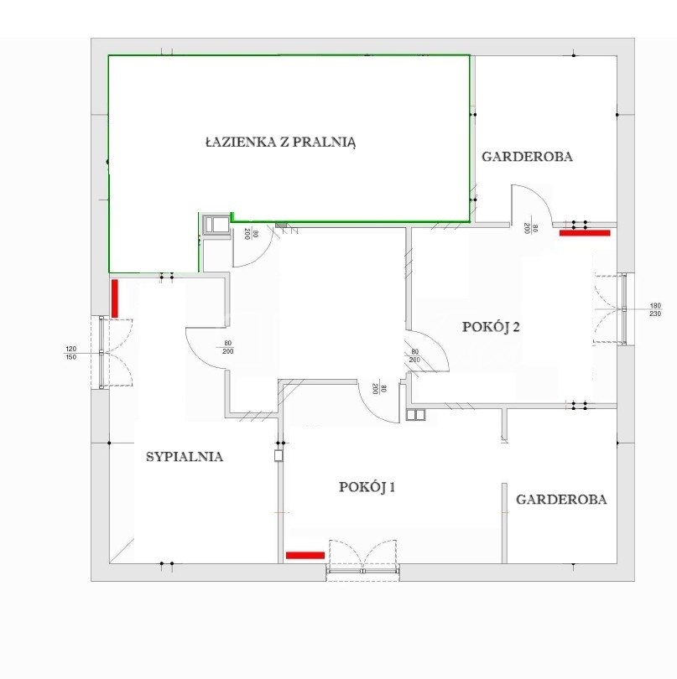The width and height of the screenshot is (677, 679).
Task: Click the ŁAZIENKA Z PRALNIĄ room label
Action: (280, 142)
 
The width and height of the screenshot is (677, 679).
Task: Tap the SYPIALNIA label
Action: (185, 457)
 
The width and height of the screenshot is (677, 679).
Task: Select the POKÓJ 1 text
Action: (367, 487)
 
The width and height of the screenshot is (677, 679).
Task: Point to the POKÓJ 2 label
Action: (491, 327)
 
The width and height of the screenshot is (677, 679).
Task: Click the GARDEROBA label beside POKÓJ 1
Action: (561, 500)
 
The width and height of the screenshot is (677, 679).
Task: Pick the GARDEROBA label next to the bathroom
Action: (527, 156)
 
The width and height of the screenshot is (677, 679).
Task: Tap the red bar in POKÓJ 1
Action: (305, 555)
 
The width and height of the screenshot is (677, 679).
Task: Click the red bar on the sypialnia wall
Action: (115, 298)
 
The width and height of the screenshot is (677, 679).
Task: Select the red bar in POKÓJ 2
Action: (585, 233)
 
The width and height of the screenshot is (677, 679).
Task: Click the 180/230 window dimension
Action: (655, 309)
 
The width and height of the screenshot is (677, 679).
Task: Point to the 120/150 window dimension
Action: (70, 352)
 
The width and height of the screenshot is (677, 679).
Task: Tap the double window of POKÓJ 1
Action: (362, 571)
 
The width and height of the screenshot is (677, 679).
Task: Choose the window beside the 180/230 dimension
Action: (624, 308)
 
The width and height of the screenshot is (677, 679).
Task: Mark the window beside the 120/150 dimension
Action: (102, 352)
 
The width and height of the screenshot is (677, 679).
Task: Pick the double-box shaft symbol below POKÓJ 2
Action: (416, 414)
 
